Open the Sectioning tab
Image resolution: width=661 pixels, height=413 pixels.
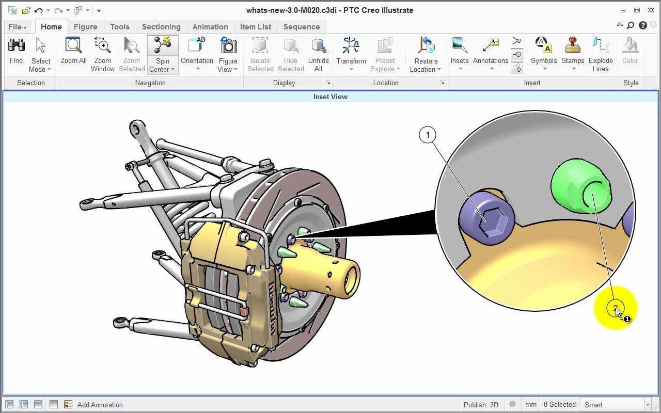tap(161, 27)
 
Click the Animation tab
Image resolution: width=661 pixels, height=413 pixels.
tap(210, 27)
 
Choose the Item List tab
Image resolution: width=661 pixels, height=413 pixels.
tap(255, 27)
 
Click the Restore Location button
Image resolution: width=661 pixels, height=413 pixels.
tap(426, 55)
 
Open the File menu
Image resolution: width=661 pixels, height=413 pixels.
tap(17, 27)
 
